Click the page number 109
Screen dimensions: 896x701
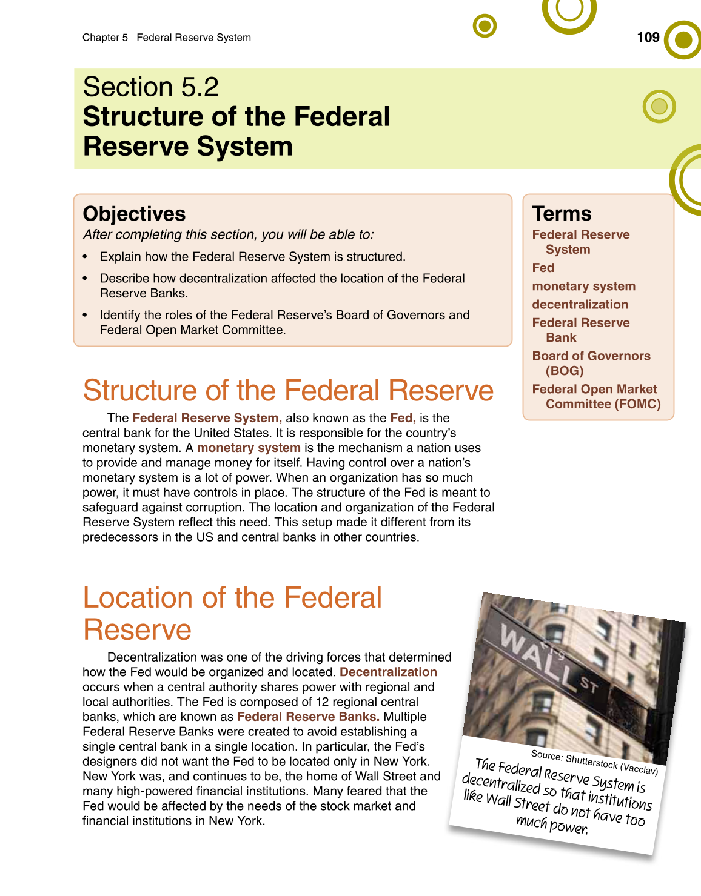coord(648,38)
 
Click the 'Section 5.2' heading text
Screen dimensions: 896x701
coord(150,87)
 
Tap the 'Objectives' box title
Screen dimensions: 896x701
coord(134,214)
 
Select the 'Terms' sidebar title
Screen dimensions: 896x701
coord(562,214)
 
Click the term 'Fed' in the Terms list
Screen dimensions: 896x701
coord(543,268)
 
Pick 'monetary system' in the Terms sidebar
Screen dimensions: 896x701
coord(583,286)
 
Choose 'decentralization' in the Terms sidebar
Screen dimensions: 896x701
coord(580,304)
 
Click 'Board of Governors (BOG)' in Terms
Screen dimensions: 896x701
coord(591,363)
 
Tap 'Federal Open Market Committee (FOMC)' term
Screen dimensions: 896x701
coord(596,396)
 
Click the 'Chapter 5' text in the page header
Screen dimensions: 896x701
coord(105,38)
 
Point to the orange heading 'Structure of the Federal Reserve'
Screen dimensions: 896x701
coord(288,391)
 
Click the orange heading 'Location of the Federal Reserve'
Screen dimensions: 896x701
coord(232,612)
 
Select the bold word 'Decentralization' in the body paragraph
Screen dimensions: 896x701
coord(388,672)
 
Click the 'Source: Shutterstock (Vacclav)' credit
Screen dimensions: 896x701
coord(594,762)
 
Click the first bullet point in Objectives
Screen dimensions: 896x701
coord(252,257)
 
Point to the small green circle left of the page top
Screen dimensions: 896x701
coord(485,26)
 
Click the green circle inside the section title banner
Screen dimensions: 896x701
coord(659,107)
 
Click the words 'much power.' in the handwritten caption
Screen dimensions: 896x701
coord(551,825)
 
